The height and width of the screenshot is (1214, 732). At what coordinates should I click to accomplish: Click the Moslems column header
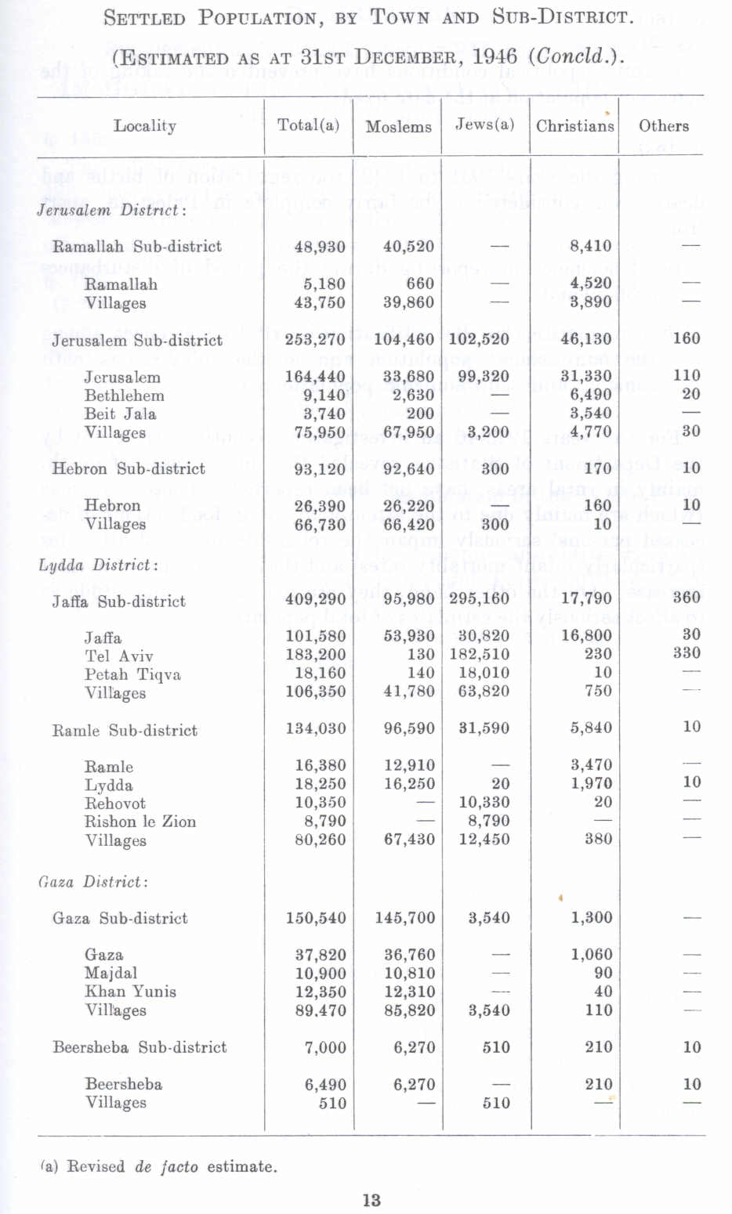pyautogui.click(x=398, y=126)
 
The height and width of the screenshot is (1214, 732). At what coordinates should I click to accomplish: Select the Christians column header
pyautogui.click(x=574, y=125)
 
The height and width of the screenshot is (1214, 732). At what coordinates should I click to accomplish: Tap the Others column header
pyautogui.click(x=663, y=125)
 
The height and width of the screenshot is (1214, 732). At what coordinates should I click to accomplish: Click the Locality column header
pyautogui.click(x=145, y=125)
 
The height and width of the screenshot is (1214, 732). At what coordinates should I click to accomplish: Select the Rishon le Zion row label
pyautogui.click(x=140, y=822)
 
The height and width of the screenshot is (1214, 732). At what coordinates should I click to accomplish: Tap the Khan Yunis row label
pyautogui.click(x=130, y=992)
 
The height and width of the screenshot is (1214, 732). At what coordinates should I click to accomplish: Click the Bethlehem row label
pyautogui.click(x=124, y=396)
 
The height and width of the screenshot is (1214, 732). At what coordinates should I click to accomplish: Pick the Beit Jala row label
pyautogui.click(x=120, y=414)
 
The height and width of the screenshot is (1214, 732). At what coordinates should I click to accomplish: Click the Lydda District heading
pyautogui.click(x=98, y=565)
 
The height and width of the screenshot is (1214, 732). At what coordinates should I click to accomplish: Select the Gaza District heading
pyautogui.click(x=92, y=882)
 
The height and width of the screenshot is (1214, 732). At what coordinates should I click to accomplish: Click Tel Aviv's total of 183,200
pyautogui.click(x=315, y=654)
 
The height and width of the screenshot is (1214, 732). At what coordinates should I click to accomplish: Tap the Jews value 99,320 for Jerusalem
pyautogui.click(x=483, y=377)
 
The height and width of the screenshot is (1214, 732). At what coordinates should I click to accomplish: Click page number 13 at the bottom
pyautogui.click(x=371, y=1199)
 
